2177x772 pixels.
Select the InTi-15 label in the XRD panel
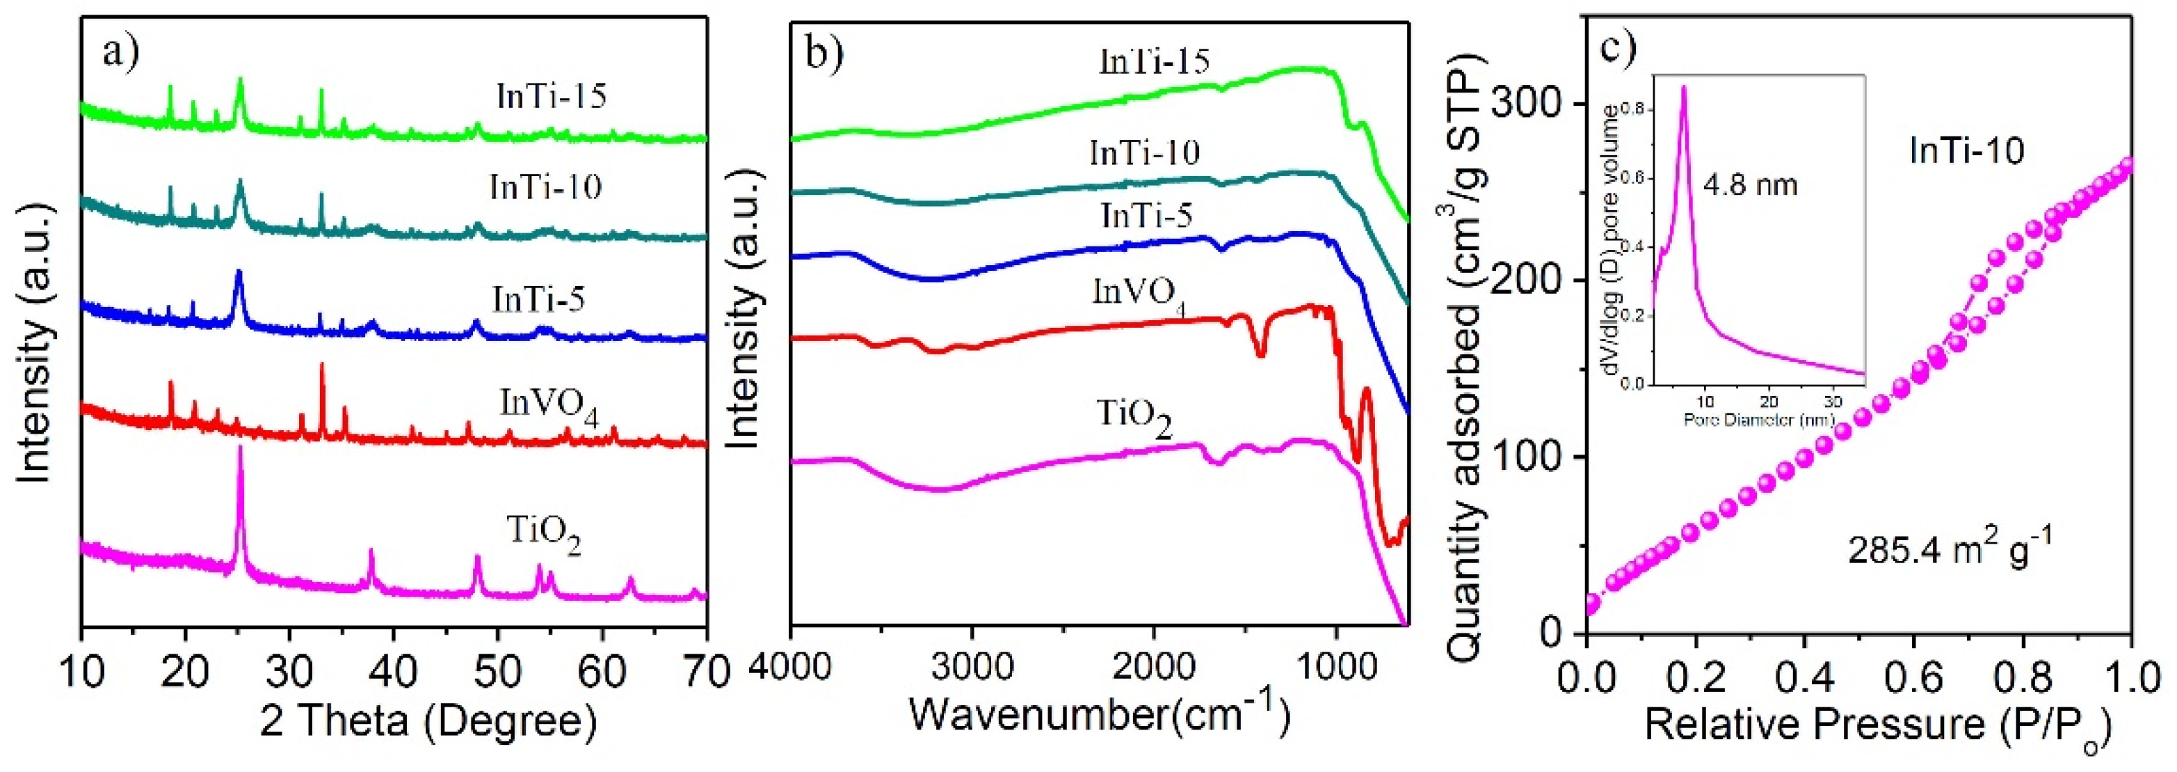click(551, 96)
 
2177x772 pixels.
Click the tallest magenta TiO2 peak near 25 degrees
click(241, 448)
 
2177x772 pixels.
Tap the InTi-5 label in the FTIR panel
click(1147, 216)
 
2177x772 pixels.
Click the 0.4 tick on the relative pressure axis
click(1804, 679)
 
